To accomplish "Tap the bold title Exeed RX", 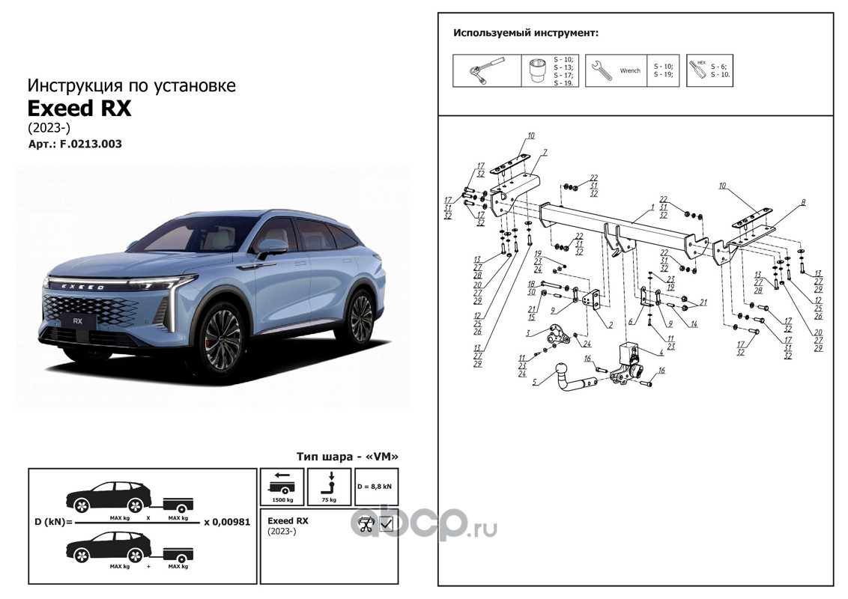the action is pos(79,109).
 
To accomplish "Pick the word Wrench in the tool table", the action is pos(630,70).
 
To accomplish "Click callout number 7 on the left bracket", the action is pos(545,152).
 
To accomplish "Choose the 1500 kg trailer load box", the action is pos(282,487).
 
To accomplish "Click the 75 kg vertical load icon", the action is pos(330,487).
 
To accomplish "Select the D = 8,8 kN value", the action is pos(375,487).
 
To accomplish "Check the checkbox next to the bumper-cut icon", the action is pos(387,525).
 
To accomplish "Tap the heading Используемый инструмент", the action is pos(525,34).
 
